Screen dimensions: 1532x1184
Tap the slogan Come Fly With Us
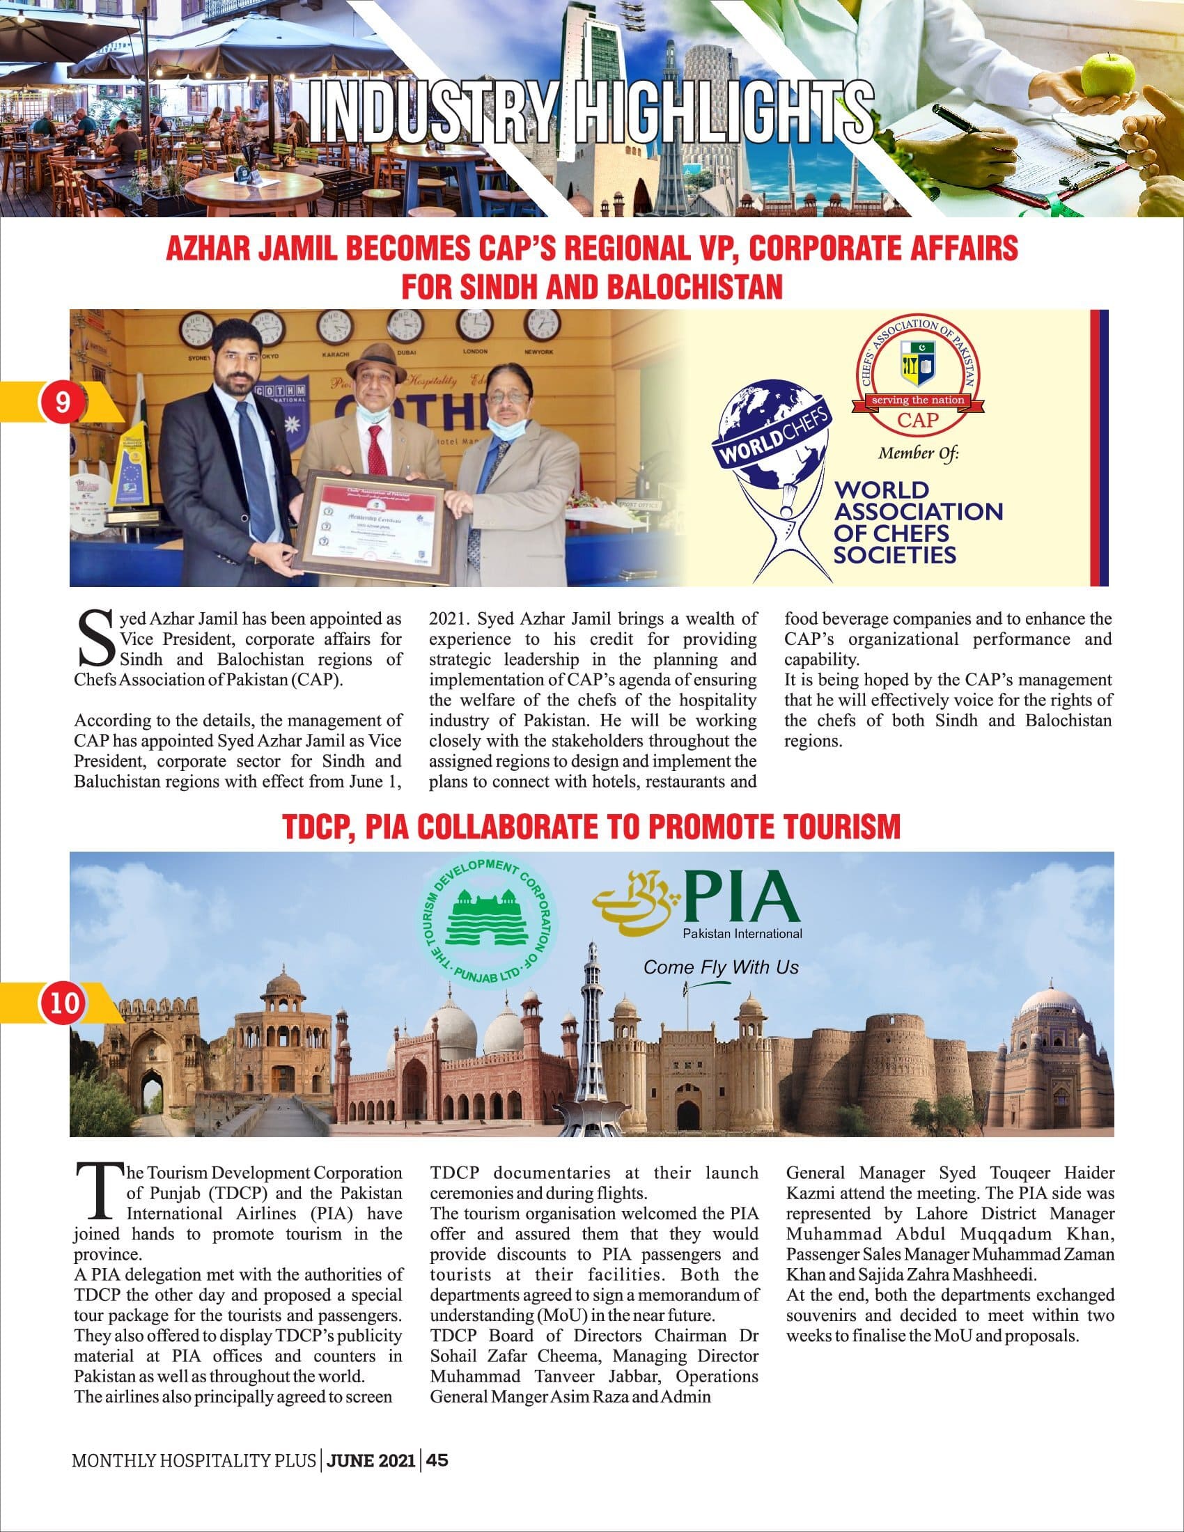[720, 968]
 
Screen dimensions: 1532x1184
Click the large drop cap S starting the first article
[94, 638]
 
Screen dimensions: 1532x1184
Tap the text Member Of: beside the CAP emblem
[918, 454]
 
